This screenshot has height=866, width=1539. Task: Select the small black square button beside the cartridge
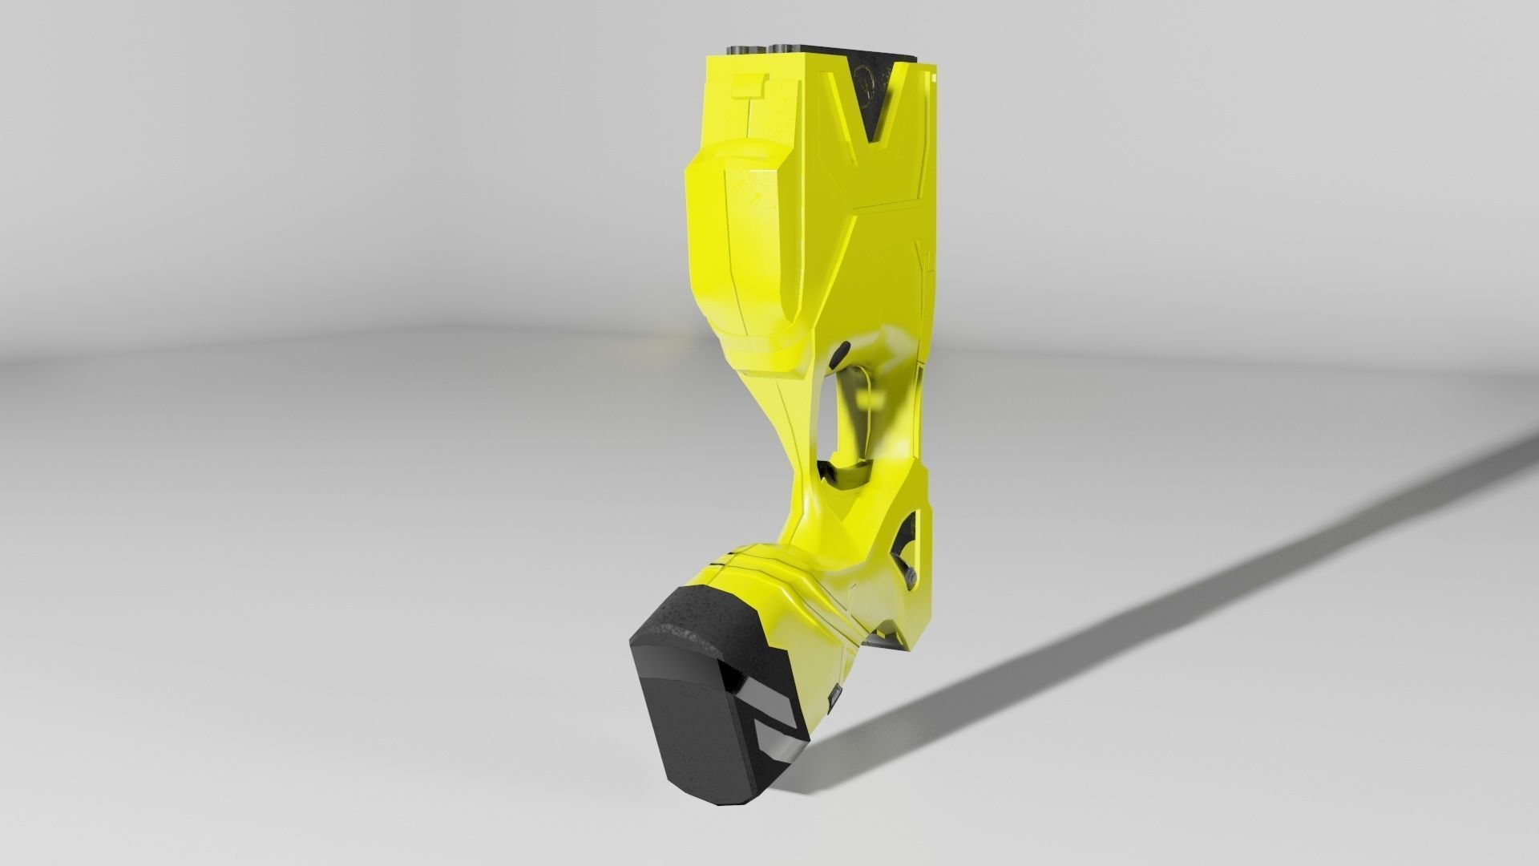point(834,693)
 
